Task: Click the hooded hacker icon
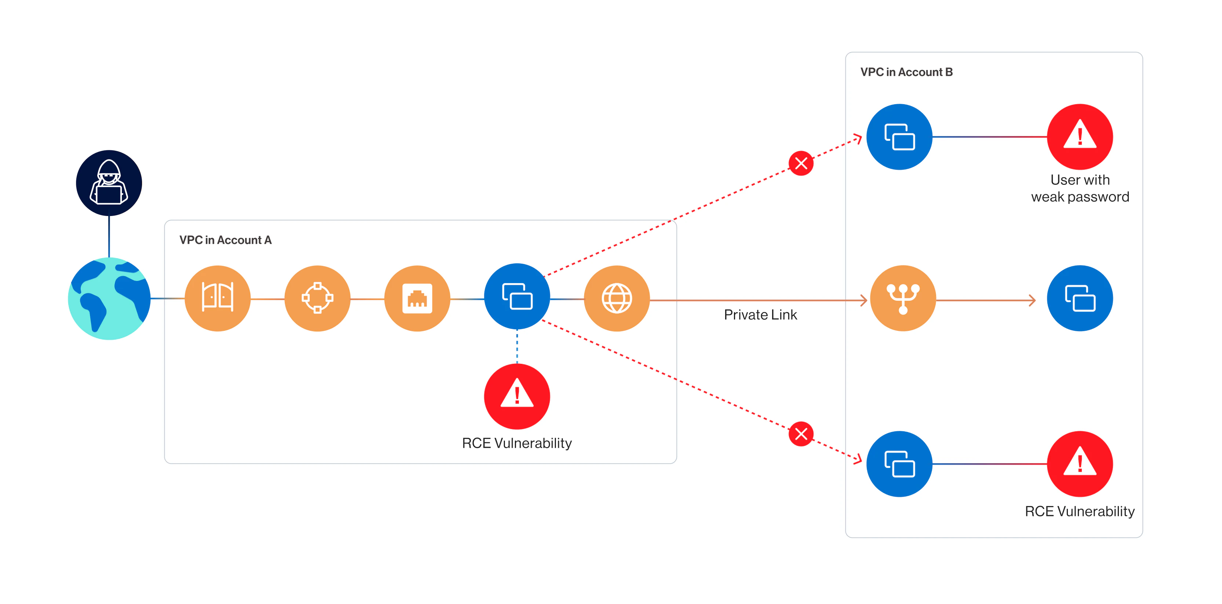pyautogui.click(x=109, y=183)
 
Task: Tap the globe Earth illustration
pyautogui.click(x=109, y=298)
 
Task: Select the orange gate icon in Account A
pyautogui.click(x=218, y=298)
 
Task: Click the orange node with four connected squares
pyautogui.click(x=317, y=298)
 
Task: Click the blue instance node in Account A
pyautogui.click(x=517, y=296)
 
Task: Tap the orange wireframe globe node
pyautogui.click(x=617, y=298)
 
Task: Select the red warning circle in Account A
pyautogui.click(x=517, y=396)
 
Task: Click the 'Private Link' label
pyautogui.click(x=760, y=315)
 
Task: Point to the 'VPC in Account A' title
pyautogui.click(x=225, y=240)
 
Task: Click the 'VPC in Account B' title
pyautogui.click(x=906, y=72)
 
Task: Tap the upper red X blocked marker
pyautogui.click(x=801, y=163)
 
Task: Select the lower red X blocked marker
pyautogui.click(x=801, y=434)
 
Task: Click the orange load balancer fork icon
pyautogui.click(x=903, y=298)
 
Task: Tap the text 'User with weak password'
pyautogui.click(x=1080, y=188)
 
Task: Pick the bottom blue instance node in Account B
pyautogui.click(x=899, y=464)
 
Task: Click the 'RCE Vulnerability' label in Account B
pyautogui.click(x=1080, y=511)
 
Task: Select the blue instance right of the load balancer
pyautogui.click(x=1080, y=298)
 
